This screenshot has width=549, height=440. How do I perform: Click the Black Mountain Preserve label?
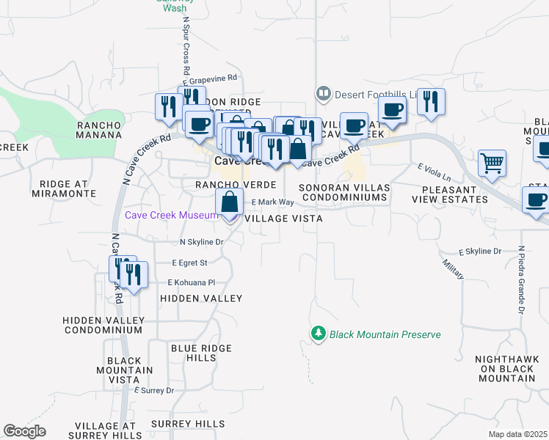[385, 334]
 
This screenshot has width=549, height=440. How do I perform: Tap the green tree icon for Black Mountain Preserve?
[319, 334]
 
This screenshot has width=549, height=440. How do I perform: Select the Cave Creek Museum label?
[172, 215]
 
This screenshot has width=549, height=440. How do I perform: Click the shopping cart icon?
[491, 164]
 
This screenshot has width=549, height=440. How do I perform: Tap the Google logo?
[25, 431]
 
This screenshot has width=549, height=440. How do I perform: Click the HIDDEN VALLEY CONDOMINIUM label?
[102, 325]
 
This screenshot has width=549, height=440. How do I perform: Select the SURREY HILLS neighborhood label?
[183, 424]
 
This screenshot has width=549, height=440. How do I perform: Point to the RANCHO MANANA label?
[99, 130]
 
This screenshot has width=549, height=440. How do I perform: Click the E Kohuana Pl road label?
[191, 282]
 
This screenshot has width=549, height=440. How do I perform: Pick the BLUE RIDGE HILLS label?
[193, 353]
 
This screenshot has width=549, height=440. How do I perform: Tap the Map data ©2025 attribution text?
[518, 434]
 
